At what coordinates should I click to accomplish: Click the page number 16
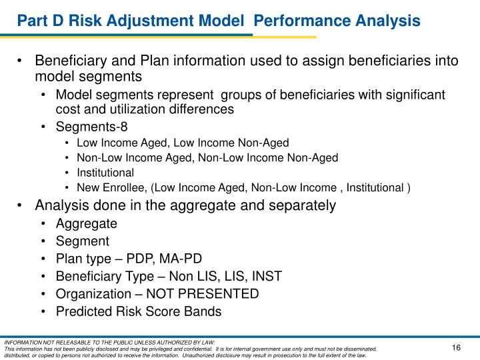[457, 348]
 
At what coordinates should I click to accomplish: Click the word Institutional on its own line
[105, 173]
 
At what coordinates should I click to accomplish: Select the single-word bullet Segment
[82, 241]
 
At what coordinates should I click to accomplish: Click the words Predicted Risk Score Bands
[138, 311]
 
